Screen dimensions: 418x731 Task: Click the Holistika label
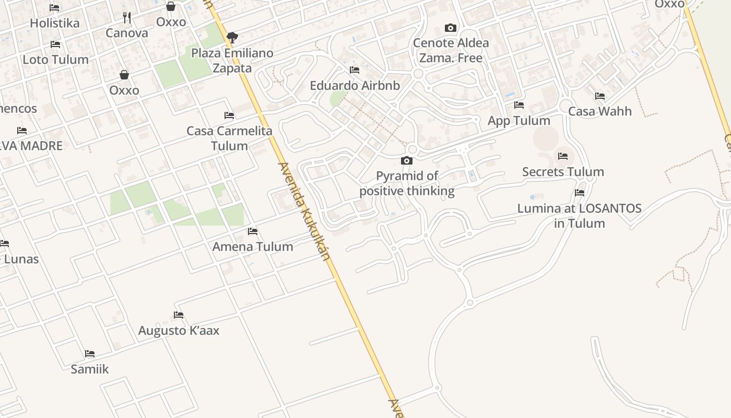coord(55,23)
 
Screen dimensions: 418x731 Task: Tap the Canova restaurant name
coord(127,33)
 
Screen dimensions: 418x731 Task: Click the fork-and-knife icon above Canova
coord(127,18)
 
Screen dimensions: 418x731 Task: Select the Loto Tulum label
coord(55,60)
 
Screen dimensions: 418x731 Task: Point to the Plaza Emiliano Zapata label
coord(232,61)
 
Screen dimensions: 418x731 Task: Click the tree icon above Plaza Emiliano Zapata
coord(232,38)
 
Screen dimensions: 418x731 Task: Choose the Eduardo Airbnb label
coord(355,86)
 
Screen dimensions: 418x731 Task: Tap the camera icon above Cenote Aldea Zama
coord(451,28)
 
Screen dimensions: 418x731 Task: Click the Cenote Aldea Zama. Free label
coord(451,50)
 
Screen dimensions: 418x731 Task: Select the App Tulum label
coord(519,121)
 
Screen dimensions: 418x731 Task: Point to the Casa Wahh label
coord(600,111)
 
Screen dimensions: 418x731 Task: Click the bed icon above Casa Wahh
coord(600,96)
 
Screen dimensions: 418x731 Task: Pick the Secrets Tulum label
coord(563,172)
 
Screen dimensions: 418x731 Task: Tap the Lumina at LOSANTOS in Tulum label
coord(580,216)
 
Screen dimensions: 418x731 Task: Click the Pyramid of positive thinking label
coord(407,183)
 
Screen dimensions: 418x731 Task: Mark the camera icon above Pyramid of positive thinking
coord(407,160)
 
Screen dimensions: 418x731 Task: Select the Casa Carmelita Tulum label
coord(230,138)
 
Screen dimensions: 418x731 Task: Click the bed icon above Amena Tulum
coord(253,231)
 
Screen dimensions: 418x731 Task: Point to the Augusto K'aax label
coord(179,331)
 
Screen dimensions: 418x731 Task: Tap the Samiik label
coord(90,369)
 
